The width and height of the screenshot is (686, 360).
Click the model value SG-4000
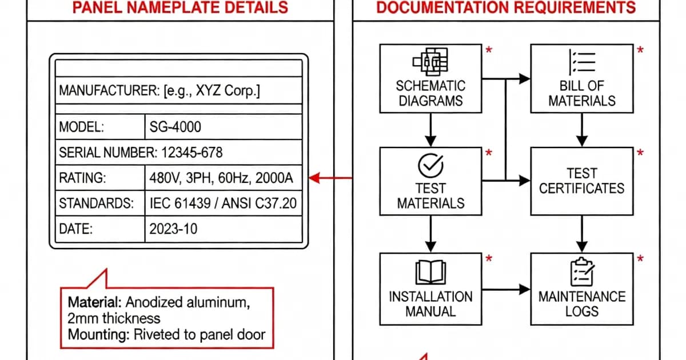click(175, 127)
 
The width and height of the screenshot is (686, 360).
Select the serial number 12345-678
click(189, 153)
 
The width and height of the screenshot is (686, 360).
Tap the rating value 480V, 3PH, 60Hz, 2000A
click(221, 178)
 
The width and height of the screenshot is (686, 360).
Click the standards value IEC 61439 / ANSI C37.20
click(223, 204)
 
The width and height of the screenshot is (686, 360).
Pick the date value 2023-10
click(173, 230)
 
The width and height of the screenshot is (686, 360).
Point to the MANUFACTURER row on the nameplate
click(159, 91)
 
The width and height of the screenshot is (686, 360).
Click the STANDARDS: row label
click(96, 204)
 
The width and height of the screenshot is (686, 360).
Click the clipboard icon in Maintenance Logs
click(582, 272)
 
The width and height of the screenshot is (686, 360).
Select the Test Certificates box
click(582, 181)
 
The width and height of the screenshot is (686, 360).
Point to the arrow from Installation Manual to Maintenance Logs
click(505, 289)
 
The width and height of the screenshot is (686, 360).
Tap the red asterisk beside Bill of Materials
click(640, 51)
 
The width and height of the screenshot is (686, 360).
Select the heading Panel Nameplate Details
click(180, 7)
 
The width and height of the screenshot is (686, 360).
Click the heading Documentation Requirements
click(506, 7)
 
